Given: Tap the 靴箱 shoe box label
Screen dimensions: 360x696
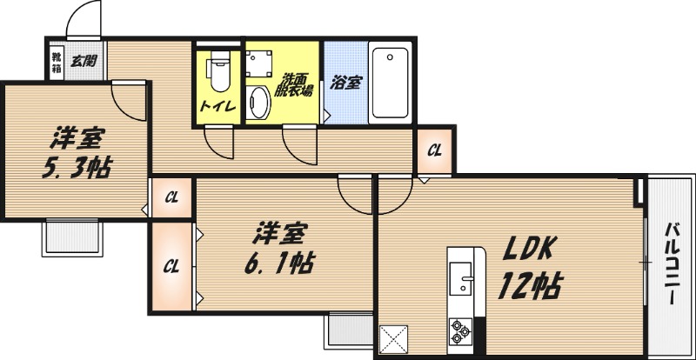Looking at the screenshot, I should pyautogui.click(x=57, y=61).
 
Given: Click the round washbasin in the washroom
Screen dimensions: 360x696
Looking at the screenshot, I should pyautogui.click(x=258, y=103).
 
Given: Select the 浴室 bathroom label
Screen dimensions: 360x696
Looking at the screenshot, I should pyautogui.click(x=345, y=83).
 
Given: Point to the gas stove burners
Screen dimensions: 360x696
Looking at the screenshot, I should pyautogui.click(x=460, y=331).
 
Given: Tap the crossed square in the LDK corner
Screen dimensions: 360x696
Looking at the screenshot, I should pyautogui.click(x=394, y=337).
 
